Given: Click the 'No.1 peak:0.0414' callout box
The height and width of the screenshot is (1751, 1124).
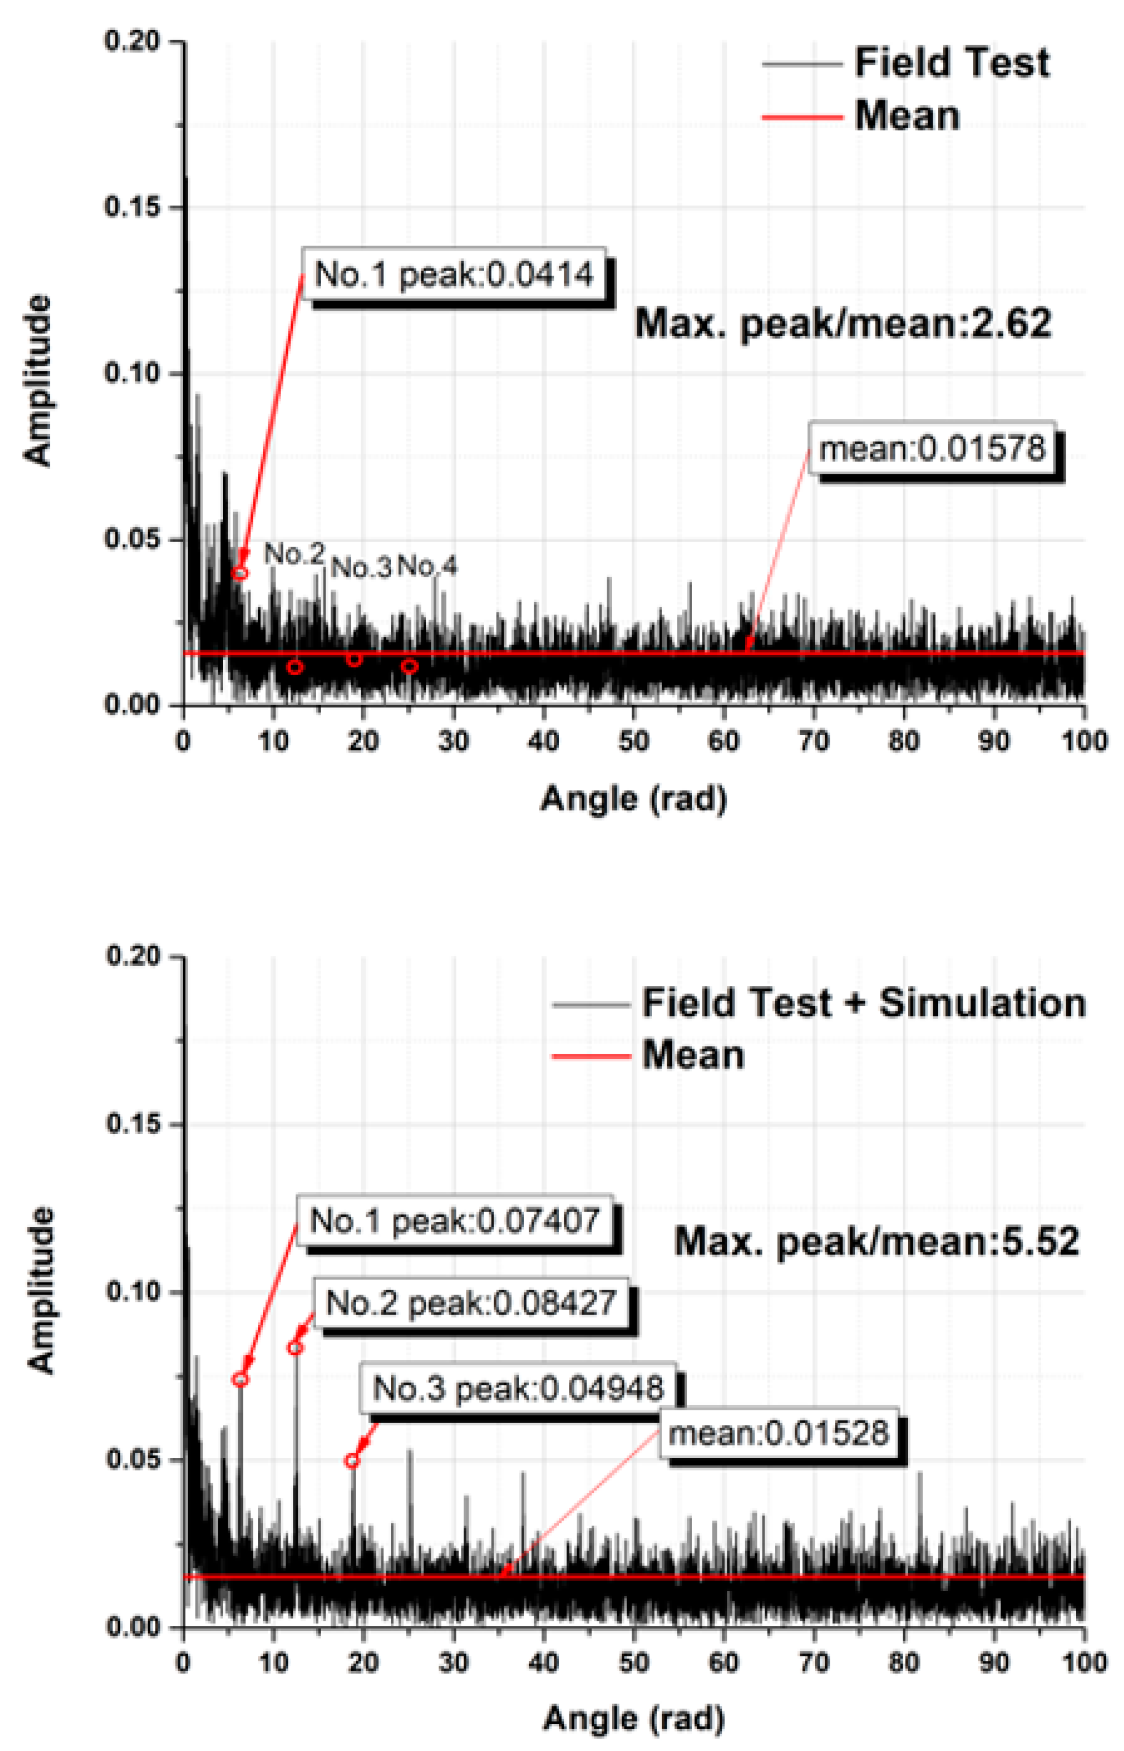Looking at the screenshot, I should click(454, 274).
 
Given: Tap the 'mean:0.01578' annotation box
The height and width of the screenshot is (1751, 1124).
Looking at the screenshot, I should click(932, 448).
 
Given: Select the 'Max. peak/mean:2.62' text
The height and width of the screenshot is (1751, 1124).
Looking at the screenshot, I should click(843, 323).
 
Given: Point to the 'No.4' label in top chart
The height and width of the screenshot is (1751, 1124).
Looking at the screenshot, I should click(428, 566).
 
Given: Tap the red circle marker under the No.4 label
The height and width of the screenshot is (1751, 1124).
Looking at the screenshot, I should click(409, 666).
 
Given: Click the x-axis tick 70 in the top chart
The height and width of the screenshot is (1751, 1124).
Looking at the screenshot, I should click(813, 741).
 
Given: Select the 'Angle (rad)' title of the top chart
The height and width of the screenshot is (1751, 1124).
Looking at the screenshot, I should click(633, 799).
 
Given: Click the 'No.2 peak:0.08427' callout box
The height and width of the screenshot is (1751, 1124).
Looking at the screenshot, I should click(471, 1302).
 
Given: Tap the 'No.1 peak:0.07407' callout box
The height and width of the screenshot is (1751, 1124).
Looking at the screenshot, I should click(454, 1220).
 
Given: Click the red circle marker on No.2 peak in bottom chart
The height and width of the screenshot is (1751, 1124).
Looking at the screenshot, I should click(295, 1347).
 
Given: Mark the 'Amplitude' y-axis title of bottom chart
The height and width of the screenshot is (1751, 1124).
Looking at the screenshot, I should click(42, 1290).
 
